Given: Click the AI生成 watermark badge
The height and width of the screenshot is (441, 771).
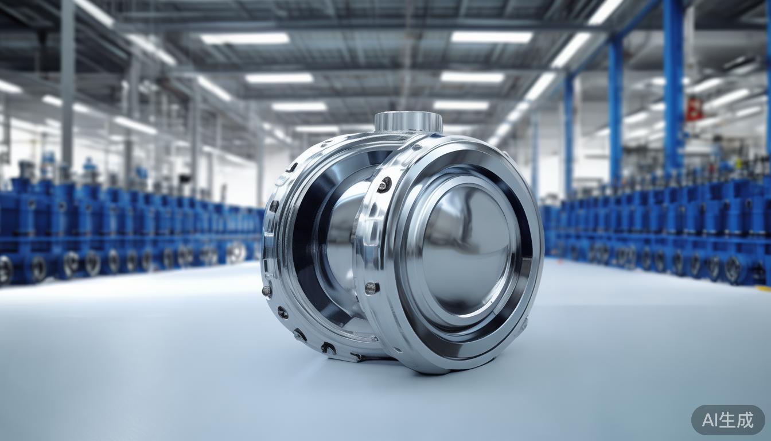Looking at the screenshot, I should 728,420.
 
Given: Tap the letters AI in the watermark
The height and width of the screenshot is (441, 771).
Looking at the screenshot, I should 710,420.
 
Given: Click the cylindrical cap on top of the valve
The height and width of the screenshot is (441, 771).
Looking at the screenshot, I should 408,122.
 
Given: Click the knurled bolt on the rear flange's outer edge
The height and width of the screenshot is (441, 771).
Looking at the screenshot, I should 267,291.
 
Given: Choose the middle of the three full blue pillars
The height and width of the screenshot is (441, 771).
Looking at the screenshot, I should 616,115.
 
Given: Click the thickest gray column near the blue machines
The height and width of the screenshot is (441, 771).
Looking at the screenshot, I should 68,86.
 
